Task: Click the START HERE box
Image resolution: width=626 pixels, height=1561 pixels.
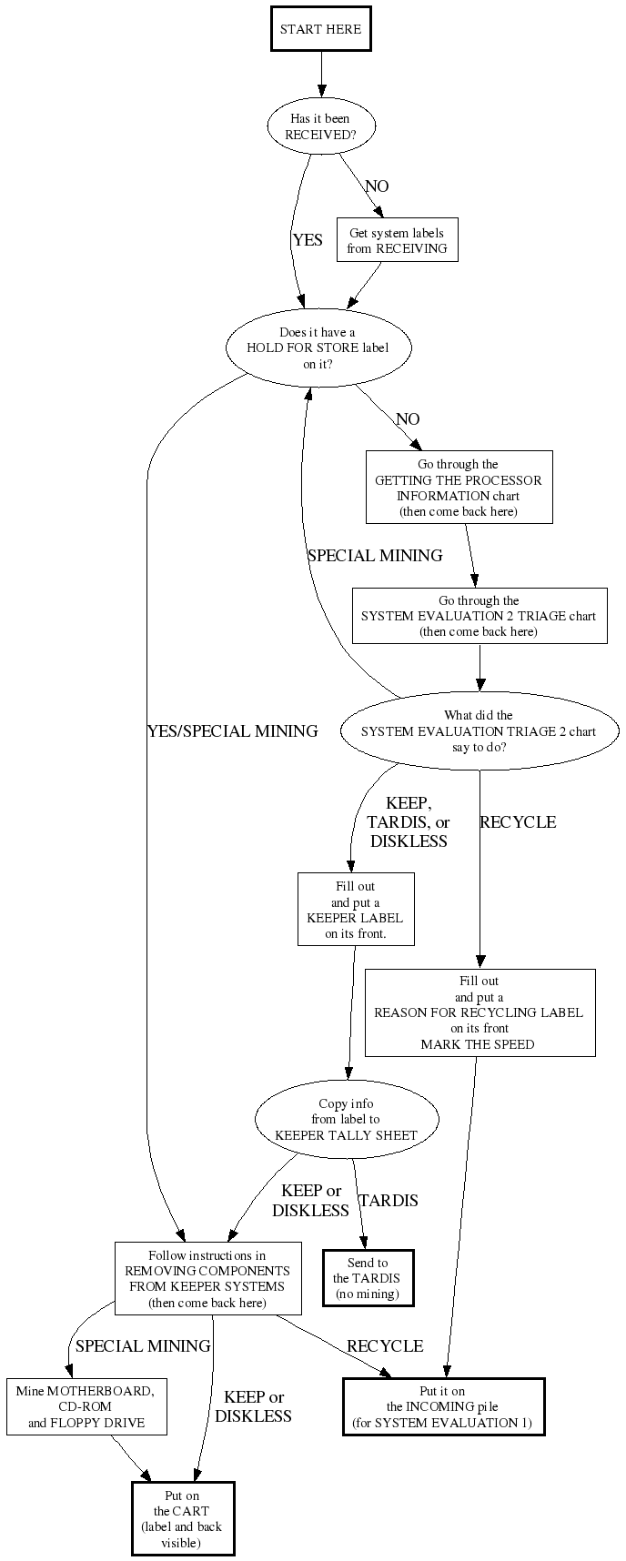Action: click(x=320, y=29)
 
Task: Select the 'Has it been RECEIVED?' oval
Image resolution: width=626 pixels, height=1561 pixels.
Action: click(x=319, y=126)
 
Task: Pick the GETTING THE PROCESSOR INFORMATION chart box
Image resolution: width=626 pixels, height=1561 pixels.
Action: click(x=459, y=488)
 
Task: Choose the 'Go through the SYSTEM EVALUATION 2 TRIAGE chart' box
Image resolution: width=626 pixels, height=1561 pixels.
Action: click(x=479, y=616)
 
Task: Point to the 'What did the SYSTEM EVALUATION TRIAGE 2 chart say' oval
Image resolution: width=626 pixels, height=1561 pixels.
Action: click(x=479, y=731)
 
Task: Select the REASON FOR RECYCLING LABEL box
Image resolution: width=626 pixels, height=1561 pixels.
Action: click(x=480, y=1012)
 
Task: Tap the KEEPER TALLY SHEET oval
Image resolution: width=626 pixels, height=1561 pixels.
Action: click(x=346, y=1120)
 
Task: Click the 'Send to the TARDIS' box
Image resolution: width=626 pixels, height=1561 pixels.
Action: click(x=368, y=1278)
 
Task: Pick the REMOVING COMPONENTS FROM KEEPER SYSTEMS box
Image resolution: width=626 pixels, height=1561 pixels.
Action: click(x=207, y=1278)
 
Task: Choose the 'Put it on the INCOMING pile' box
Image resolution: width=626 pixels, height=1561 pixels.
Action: click(x=443, y=1406)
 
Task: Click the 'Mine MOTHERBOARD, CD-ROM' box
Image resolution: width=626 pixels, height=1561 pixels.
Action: click(x=86, y=1406)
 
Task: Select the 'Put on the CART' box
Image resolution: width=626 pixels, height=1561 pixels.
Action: click(x=183, y=1519)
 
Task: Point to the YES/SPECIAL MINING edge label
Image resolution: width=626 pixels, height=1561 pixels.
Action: click(x=232, y=730)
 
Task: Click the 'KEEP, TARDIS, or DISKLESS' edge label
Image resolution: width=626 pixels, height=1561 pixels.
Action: click(x=409, y=822)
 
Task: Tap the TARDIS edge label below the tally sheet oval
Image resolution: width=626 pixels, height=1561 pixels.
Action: click(x=389, y=1201)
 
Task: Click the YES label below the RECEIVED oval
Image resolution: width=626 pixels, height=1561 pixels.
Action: click(x=308, y=240)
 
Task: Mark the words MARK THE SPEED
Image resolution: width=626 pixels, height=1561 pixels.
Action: click(x=478, y=1044)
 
